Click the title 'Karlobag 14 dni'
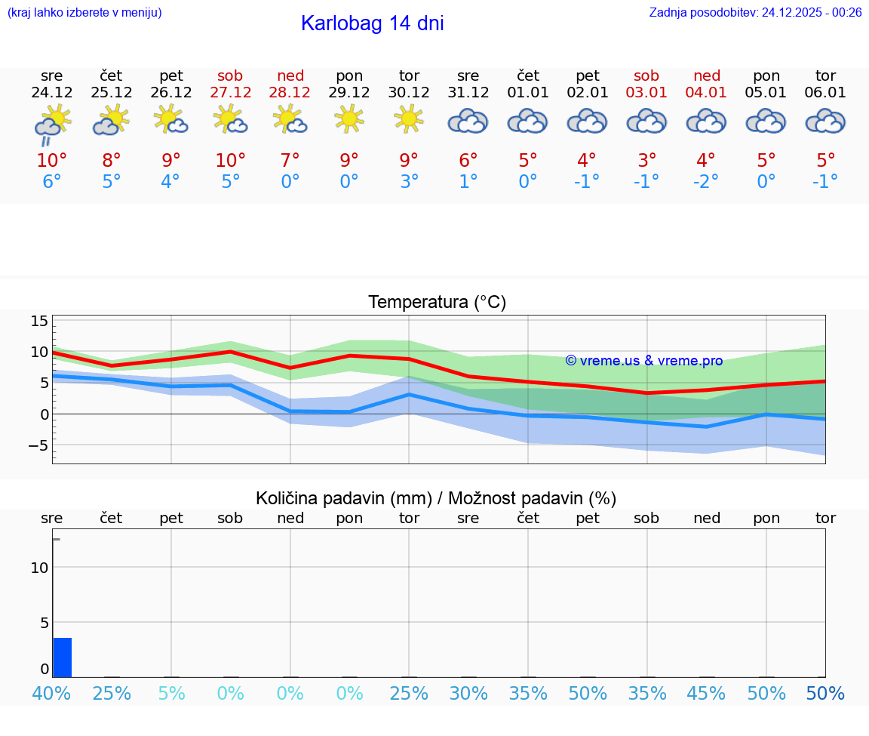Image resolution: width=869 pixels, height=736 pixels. coord(372,23)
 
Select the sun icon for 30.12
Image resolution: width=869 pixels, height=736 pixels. coord(409,119)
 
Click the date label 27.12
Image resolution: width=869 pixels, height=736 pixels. coord(231,93)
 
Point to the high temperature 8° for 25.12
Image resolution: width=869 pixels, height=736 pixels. coord(112,161)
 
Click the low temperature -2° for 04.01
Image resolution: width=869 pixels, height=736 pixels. coord(706,182)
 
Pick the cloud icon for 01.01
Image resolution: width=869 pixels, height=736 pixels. coord(528,121)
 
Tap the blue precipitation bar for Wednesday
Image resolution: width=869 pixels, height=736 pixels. coord(63,657)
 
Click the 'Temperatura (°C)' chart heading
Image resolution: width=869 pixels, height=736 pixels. coord(437,303)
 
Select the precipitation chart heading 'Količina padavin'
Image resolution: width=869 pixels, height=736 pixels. coord(436,498)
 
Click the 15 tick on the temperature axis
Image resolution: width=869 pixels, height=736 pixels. coord(39,322)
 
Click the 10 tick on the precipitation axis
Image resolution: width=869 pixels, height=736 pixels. coord(40,568)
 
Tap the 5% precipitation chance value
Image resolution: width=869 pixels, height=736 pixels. coord(171,694)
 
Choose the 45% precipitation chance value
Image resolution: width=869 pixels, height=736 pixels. coord(706,694)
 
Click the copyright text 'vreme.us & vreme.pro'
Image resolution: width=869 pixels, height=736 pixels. coord(644,361)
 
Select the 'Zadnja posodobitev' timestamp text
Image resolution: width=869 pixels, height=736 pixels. coord(755,12)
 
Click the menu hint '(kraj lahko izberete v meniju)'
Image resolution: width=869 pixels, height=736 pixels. coord(84,12)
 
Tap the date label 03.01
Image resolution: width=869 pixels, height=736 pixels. coord(646,93)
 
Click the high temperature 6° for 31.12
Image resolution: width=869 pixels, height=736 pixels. coord(468,161)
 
